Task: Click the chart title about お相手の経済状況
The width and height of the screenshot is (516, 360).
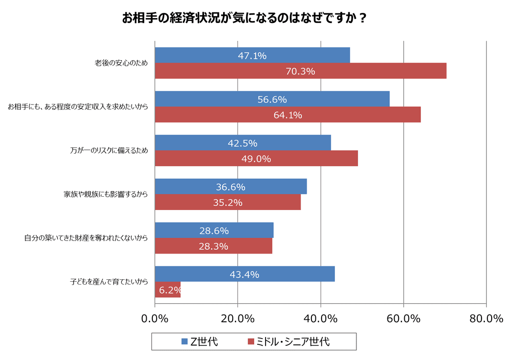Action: [x=244, y=18]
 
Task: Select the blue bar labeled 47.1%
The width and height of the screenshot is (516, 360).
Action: [x=252, y=55]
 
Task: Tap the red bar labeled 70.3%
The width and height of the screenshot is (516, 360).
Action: [x=301, y=71]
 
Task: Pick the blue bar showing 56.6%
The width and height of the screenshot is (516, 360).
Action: [x=272, y=99]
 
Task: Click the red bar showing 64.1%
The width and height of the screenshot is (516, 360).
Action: [x=288, y=115]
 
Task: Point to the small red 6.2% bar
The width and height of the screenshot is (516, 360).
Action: [x=168, y=290]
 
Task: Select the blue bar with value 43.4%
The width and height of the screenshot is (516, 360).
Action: [x=245, y=274]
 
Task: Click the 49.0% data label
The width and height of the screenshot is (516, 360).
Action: [x=256, y=159]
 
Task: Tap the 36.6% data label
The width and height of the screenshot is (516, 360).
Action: [x=230, y=187]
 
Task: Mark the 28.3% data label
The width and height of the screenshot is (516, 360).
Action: [x=214, y=246]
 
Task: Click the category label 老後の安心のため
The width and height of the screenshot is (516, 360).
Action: [x=121, y=64]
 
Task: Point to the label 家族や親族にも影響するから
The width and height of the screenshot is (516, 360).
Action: [x=106, y=195]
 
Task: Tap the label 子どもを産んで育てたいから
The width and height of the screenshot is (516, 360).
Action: [x=109, y=282]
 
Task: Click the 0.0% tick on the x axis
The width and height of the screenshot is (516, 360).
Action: [x=155, y=318]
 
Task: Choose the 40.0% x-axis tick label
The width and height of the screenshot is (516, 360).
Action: [x=321, y=318]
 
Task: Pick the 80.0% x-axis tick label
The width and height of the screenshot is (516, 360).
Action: [x=486, y=318]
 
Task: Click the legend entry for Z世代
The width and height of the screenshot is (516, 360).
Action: [x=199, y=342]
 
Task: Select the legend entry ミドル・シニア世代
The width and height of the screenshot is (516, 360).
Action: [x=288, y=342]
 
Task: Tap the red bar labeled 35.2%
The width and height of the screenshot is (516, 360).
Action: [x=228, y=202]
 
